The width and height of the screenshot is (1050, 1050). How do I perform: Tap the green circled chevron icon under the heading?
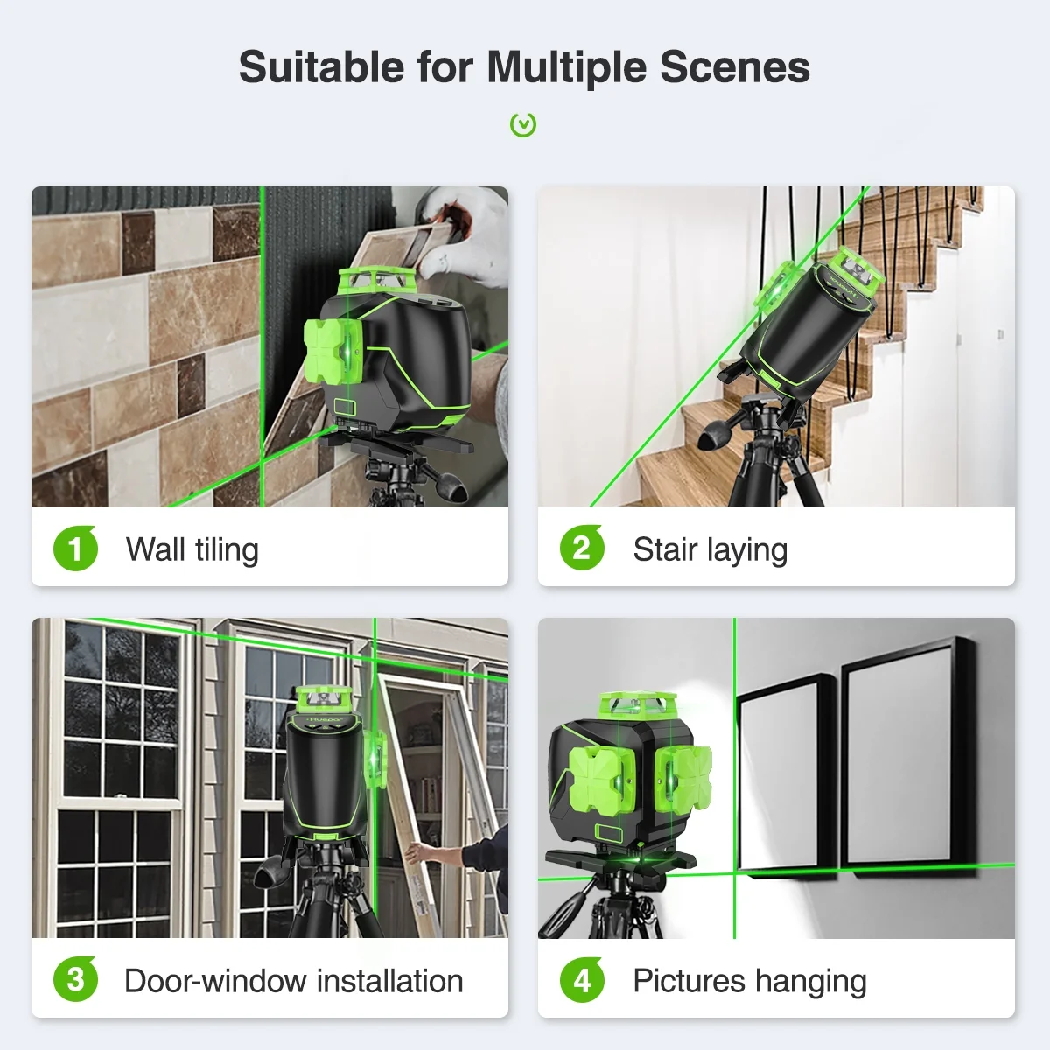[523, 125]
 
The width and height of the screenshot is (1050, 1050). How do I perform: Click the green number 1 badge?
[75, 549]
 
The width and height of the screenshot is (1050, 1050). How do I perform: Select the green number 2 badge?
[582, 549]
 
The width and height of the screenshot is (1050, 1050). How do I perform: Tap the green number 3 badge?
[75, 980]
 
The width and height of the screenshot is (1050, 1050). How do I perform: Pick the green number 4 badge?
[582, 980]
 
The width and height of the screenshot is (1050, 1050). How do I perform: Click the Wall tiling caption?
[192, 550]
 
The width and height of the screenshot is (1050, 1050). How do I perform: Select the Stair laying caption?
[710, 550]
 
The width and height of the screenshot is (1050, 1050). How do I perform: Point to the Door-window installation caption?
[293, 981]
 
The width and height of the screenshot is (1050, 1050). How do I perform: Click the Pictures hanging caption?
[749, 981]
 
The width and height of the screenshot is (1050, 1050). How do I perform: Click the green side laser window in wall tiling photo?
[333, 350]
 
